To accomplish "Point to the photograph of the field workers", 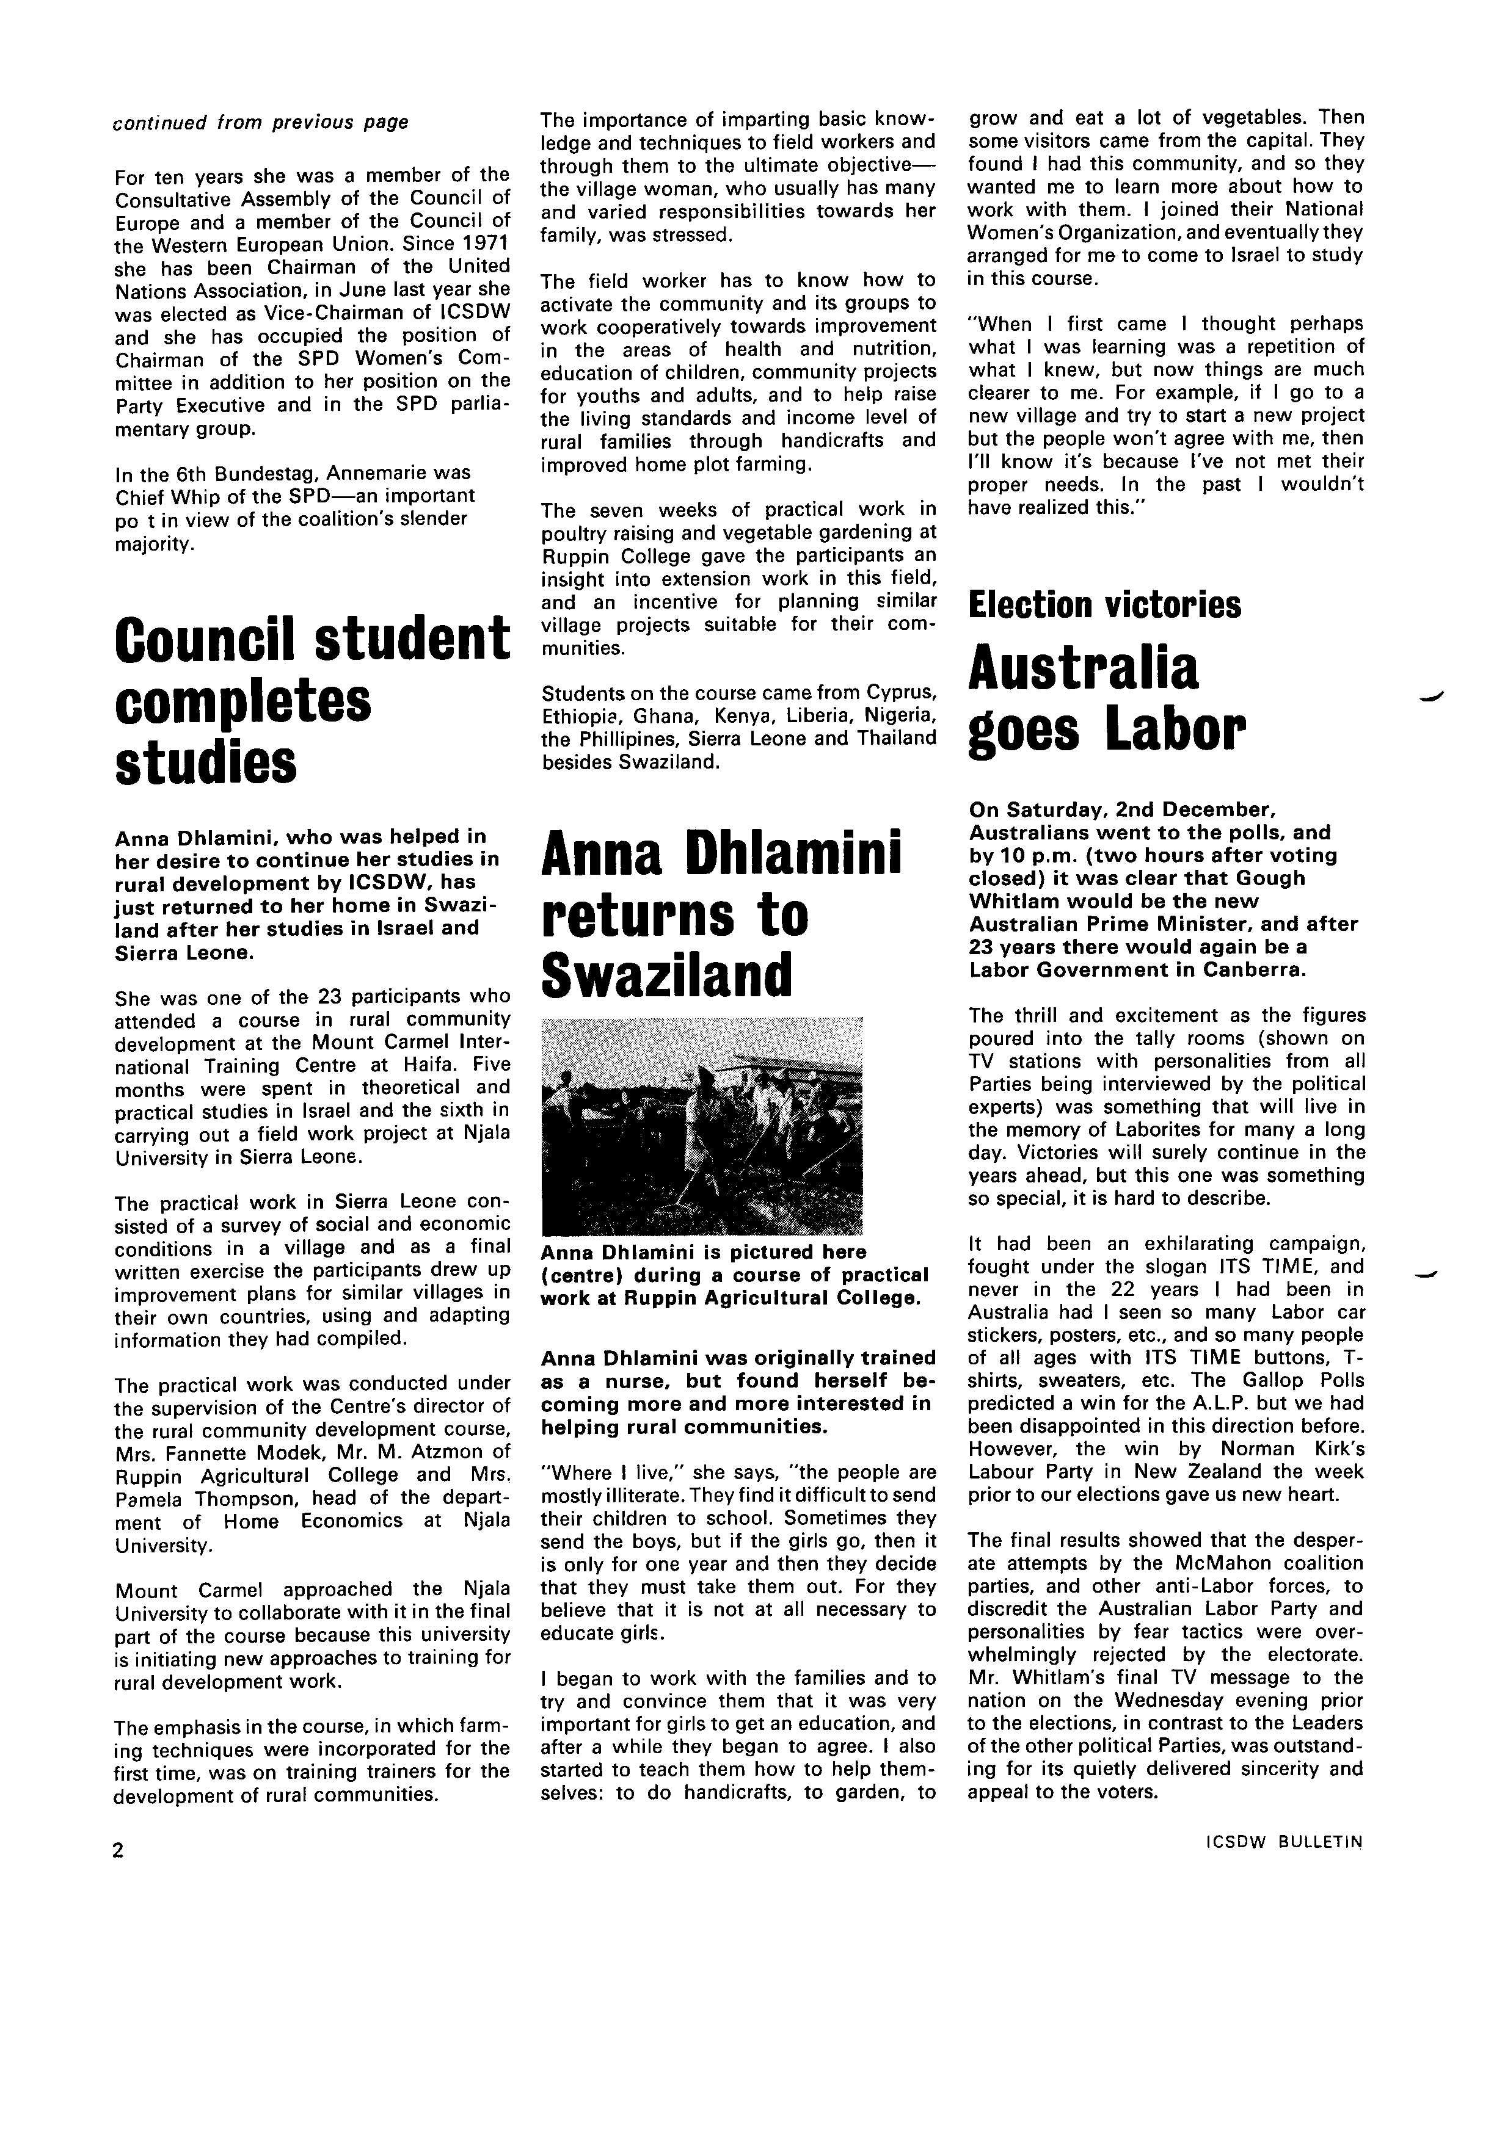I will pyautogui.click(x=702, y=1126).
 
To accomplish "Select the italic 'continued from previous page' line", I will pyautogui.click(x=260, y=122).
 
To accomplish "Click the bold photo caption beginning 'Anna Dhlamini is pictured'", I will pyautogui.click(x=734, y=1275).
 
